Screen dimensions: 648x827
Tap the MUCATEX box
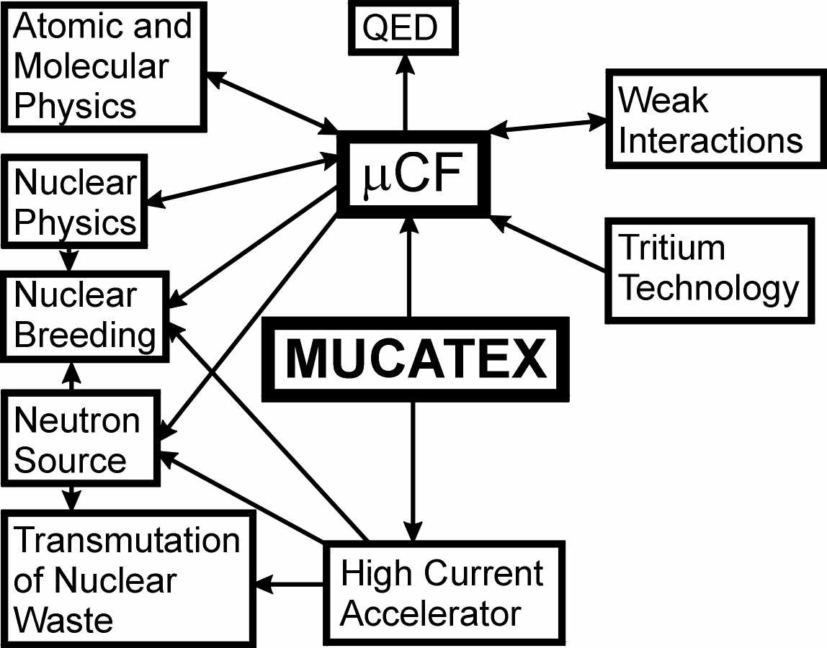[414, 359]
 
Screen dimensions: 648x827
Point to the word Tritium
[672, 248]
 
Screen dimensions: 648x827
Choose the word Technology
[710, 288]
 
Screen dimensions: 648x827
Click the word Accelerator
[430, 614]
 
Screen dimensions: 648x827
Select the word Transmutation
[127, 540]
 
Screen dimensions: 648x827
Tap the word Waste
[63, 620]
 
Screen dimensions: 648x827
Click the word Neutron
[76, 420]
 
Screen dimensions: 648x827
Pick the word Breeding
[84, 336]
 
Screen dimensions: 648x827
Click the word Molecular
[91, 67]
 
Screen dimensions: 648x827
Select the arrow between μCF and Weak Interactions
[547, 125]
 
